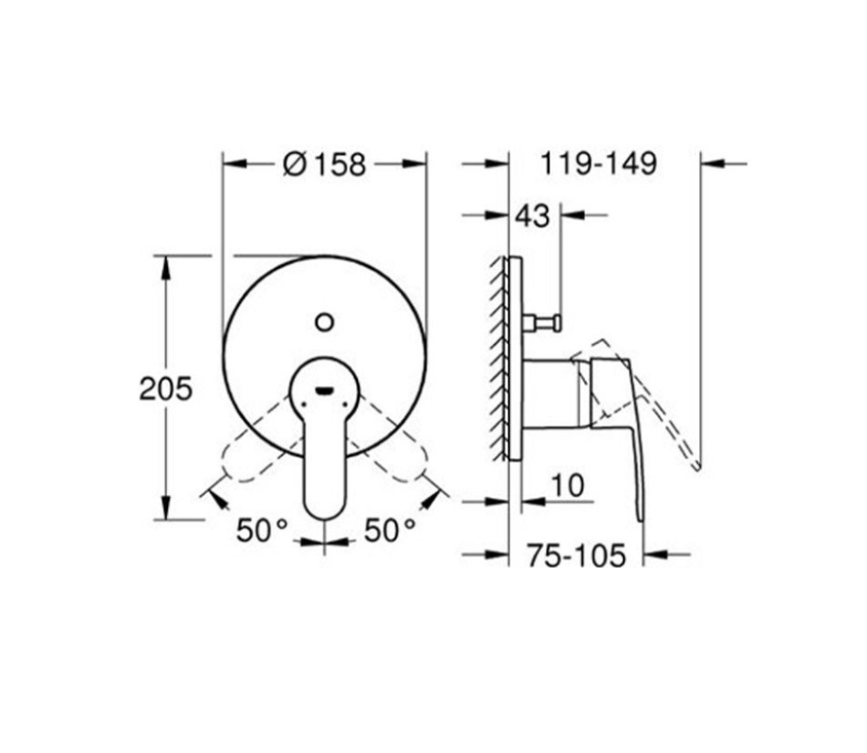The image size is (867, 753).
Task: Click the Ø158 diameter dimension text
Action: [x=324, y=164]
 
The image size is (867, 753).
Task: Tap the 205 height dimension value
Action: [x=166, y=389]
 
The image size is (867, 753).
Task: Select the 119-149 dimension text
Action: [x=598, y=164]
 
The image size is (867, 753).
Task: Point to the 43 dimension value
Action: [x=533, y=216]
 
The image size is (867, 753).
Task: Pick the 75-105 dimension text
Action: [x=576, y=554]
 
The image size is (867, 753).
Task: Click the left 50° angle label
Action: [x=262, y=530]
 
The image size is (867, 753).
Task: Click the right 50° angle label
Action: [x=390, y=530]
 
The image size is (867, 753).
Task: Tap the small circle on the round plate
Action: [x=324, y=321]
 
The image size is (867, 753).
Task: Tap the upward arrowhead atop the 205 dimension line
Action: [x=165, y=265]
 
